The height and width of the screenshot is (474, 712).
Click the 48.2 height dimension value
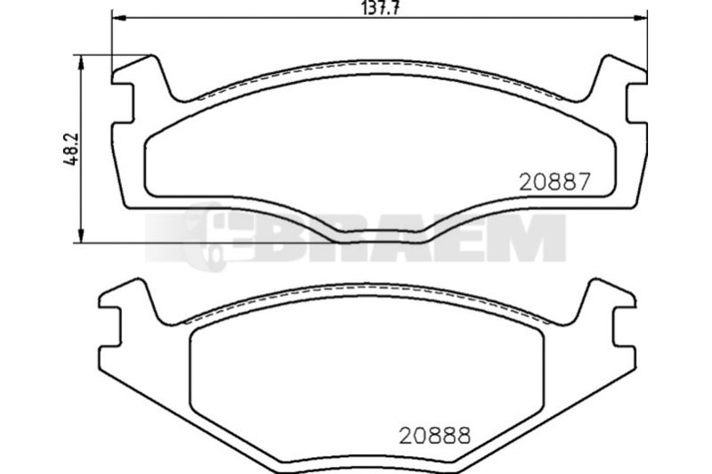point(72,149)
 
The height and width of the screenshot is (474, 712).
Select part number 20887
point(554,182)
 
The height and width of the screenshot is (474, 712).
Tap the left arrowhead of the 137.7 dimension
point(118,18)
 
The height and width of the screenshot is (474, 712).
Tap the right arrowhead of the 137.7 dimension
point(640,18)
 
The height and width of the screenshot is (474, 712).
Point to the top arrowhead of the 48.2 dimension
point(81,62)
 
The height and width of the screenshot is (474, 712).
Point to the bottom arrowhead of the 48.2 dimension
point(81,235)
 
